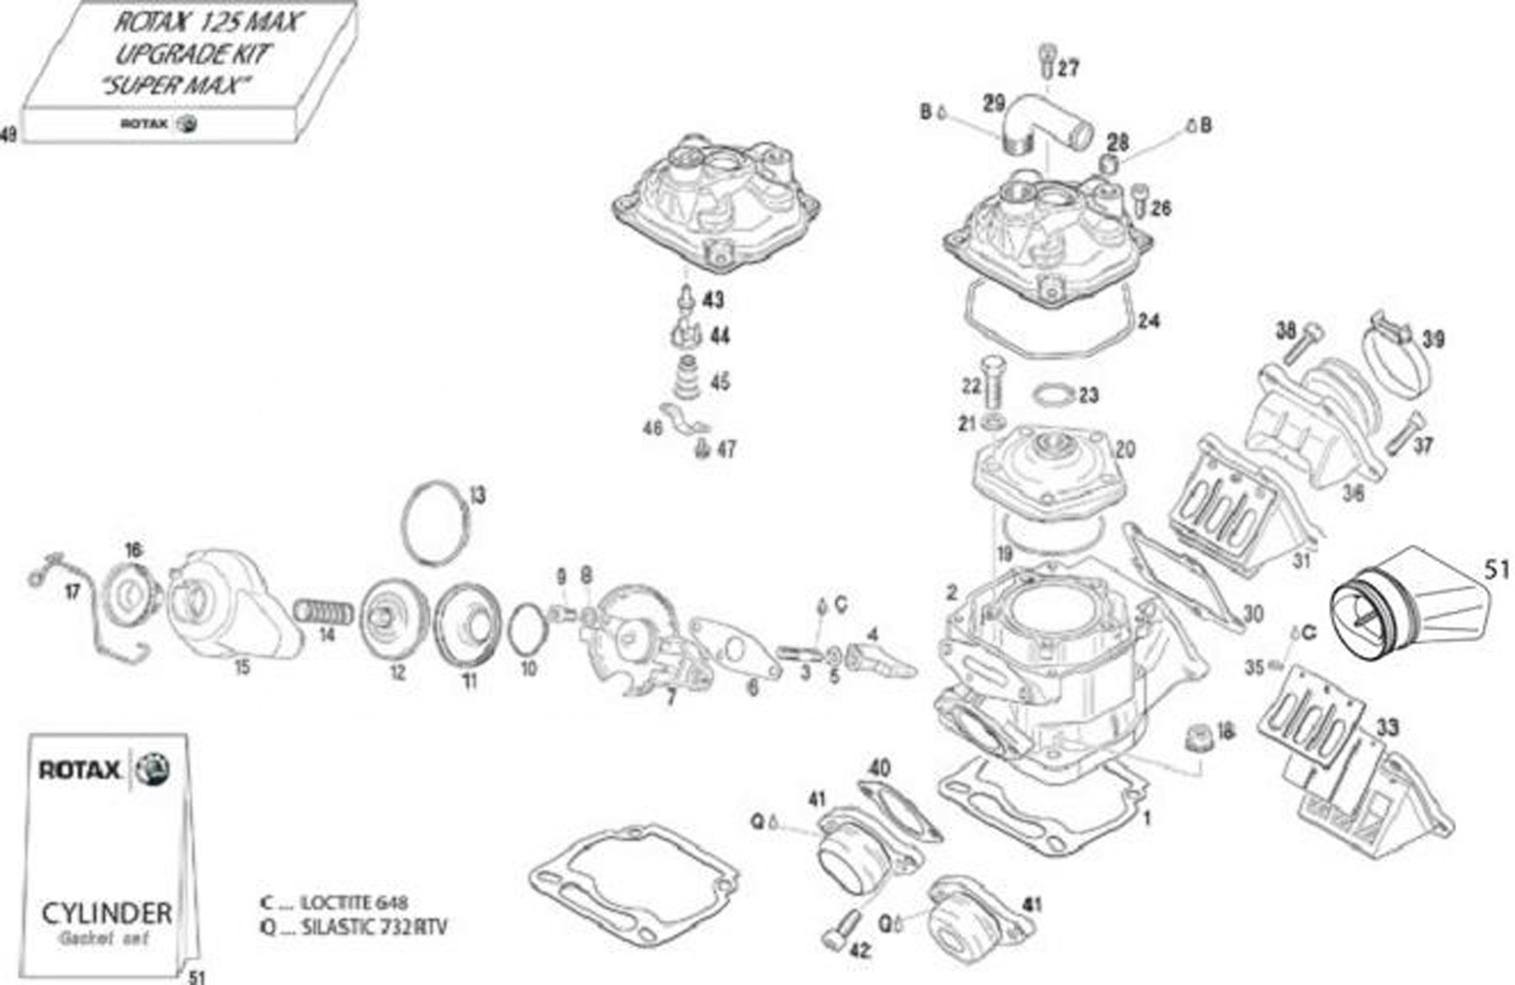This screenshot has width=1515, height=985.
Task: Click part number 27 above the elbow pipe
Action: [x=1068, y=69]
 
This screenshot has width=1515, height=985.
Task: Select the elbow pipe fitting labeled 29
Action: [x=1046, y=123]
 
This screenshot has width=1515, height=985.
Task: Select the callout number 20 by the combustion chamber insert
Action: [x=1125, y=449]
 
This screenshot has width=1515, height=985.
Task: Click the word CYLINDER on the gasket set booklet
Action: [x=106, y=912]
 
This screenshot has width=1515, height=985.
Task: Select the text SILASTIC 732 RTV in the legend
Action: [x=373, y=927]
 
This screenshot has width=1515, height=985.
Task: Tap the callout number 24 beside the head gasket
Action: [x=1148, y=320]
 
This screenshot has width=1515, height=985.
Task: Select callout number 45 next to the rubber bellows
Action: [x=720, y=382]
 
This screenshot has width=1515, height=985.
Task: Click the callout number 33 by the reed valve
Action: [x=1387, y=728]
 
